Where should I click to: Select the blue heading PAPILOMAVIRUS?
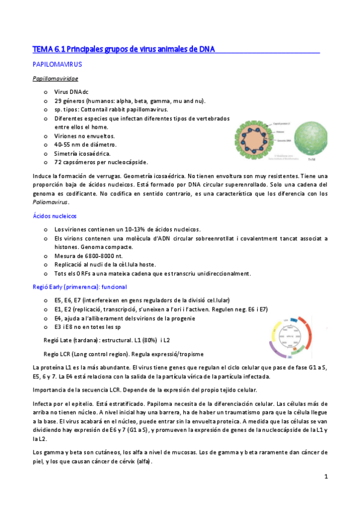57,63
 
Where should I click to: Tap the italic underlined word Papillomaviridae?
55,78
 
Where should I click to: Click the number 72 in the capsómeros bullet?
58,162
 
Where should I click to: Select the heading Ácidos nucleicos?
54,216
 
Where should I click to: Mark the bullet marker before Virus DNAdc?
46,92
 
